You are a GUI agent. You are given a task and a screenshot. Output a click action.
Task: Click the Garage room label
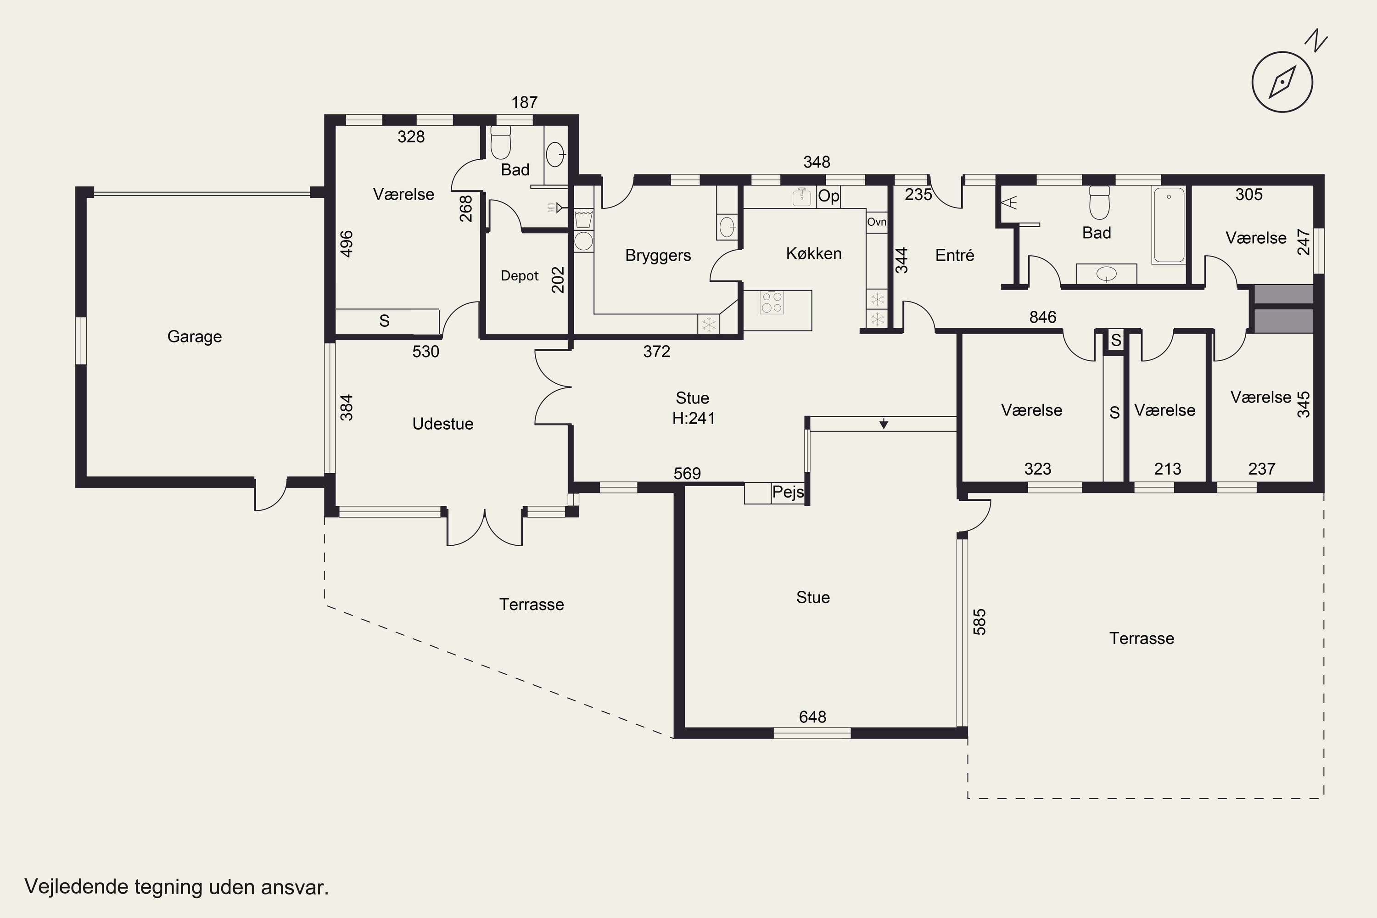[x=194, y=336]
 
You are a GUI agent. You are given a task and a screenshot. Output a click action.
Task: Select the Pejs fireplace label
[x=788, y=492]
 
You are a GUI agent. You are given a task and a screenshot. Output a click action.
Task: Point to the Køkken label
[x=814, y=253]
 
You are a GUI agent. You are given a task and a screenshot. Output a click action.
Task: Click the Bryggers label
[x=658, y=255]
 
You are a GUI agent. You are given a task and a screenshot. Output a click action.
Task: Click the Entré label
[x=955, y=255]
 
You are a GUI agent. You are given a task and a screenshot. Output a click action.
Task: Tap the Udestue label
[x=442, y=423]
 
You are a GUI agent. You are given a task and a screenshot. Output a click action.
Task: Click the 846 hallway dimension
[x=1043, y=317]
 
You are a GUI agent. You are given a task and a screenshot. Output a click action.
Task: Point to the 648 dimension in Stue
[x=812, y=716]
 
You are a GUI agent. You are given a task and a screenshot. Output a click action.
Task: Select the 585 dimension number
[x=980, y=622]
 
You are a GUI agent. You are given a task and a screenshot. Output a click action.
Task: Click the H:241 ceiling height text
[x=694, y=418]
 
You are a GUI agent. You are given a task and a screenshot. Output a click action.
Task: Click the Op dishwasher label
[x=828, y=196]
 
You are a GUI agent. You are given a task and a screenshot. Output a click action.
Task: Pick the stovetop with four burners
[x=772, y=302]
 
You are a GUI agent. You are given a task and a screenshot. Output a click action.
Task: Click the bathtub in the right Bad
[x=1169, y=225]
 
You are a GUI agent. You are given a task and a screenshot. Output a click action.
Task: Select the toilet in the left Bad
[x=501, y=143]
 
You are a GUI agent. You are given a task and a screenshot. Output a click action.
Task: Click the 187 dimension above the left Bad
[x=525, y=102]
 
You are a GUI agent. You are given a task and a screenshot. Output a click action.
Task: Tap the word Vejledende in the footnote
[x=76, y=886]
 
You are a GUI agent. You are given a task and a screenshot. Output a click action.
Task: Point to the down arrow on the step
[x=884, y=424]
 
